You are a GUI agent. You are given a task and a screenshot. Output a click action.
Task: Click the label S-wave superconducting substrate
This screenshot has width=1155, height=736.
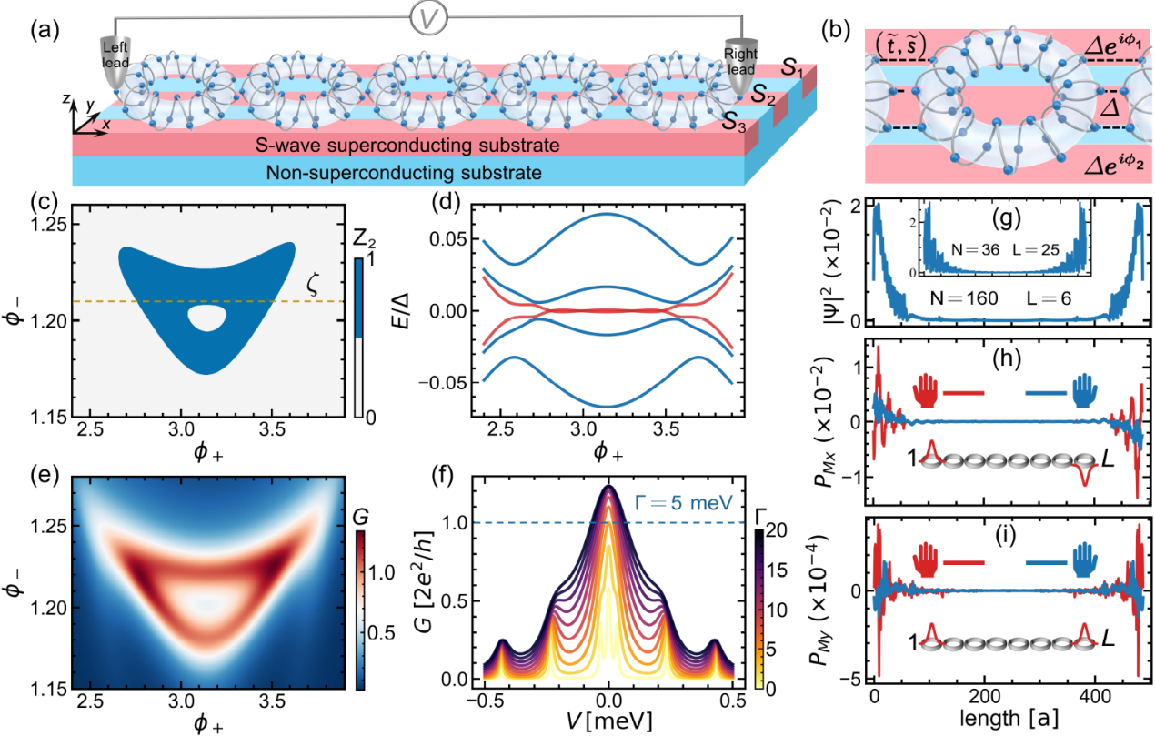point(407,144)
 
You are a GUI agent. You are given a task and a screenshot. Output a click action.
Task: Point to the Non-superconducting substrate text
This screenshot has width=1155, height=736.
point(407,172)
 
